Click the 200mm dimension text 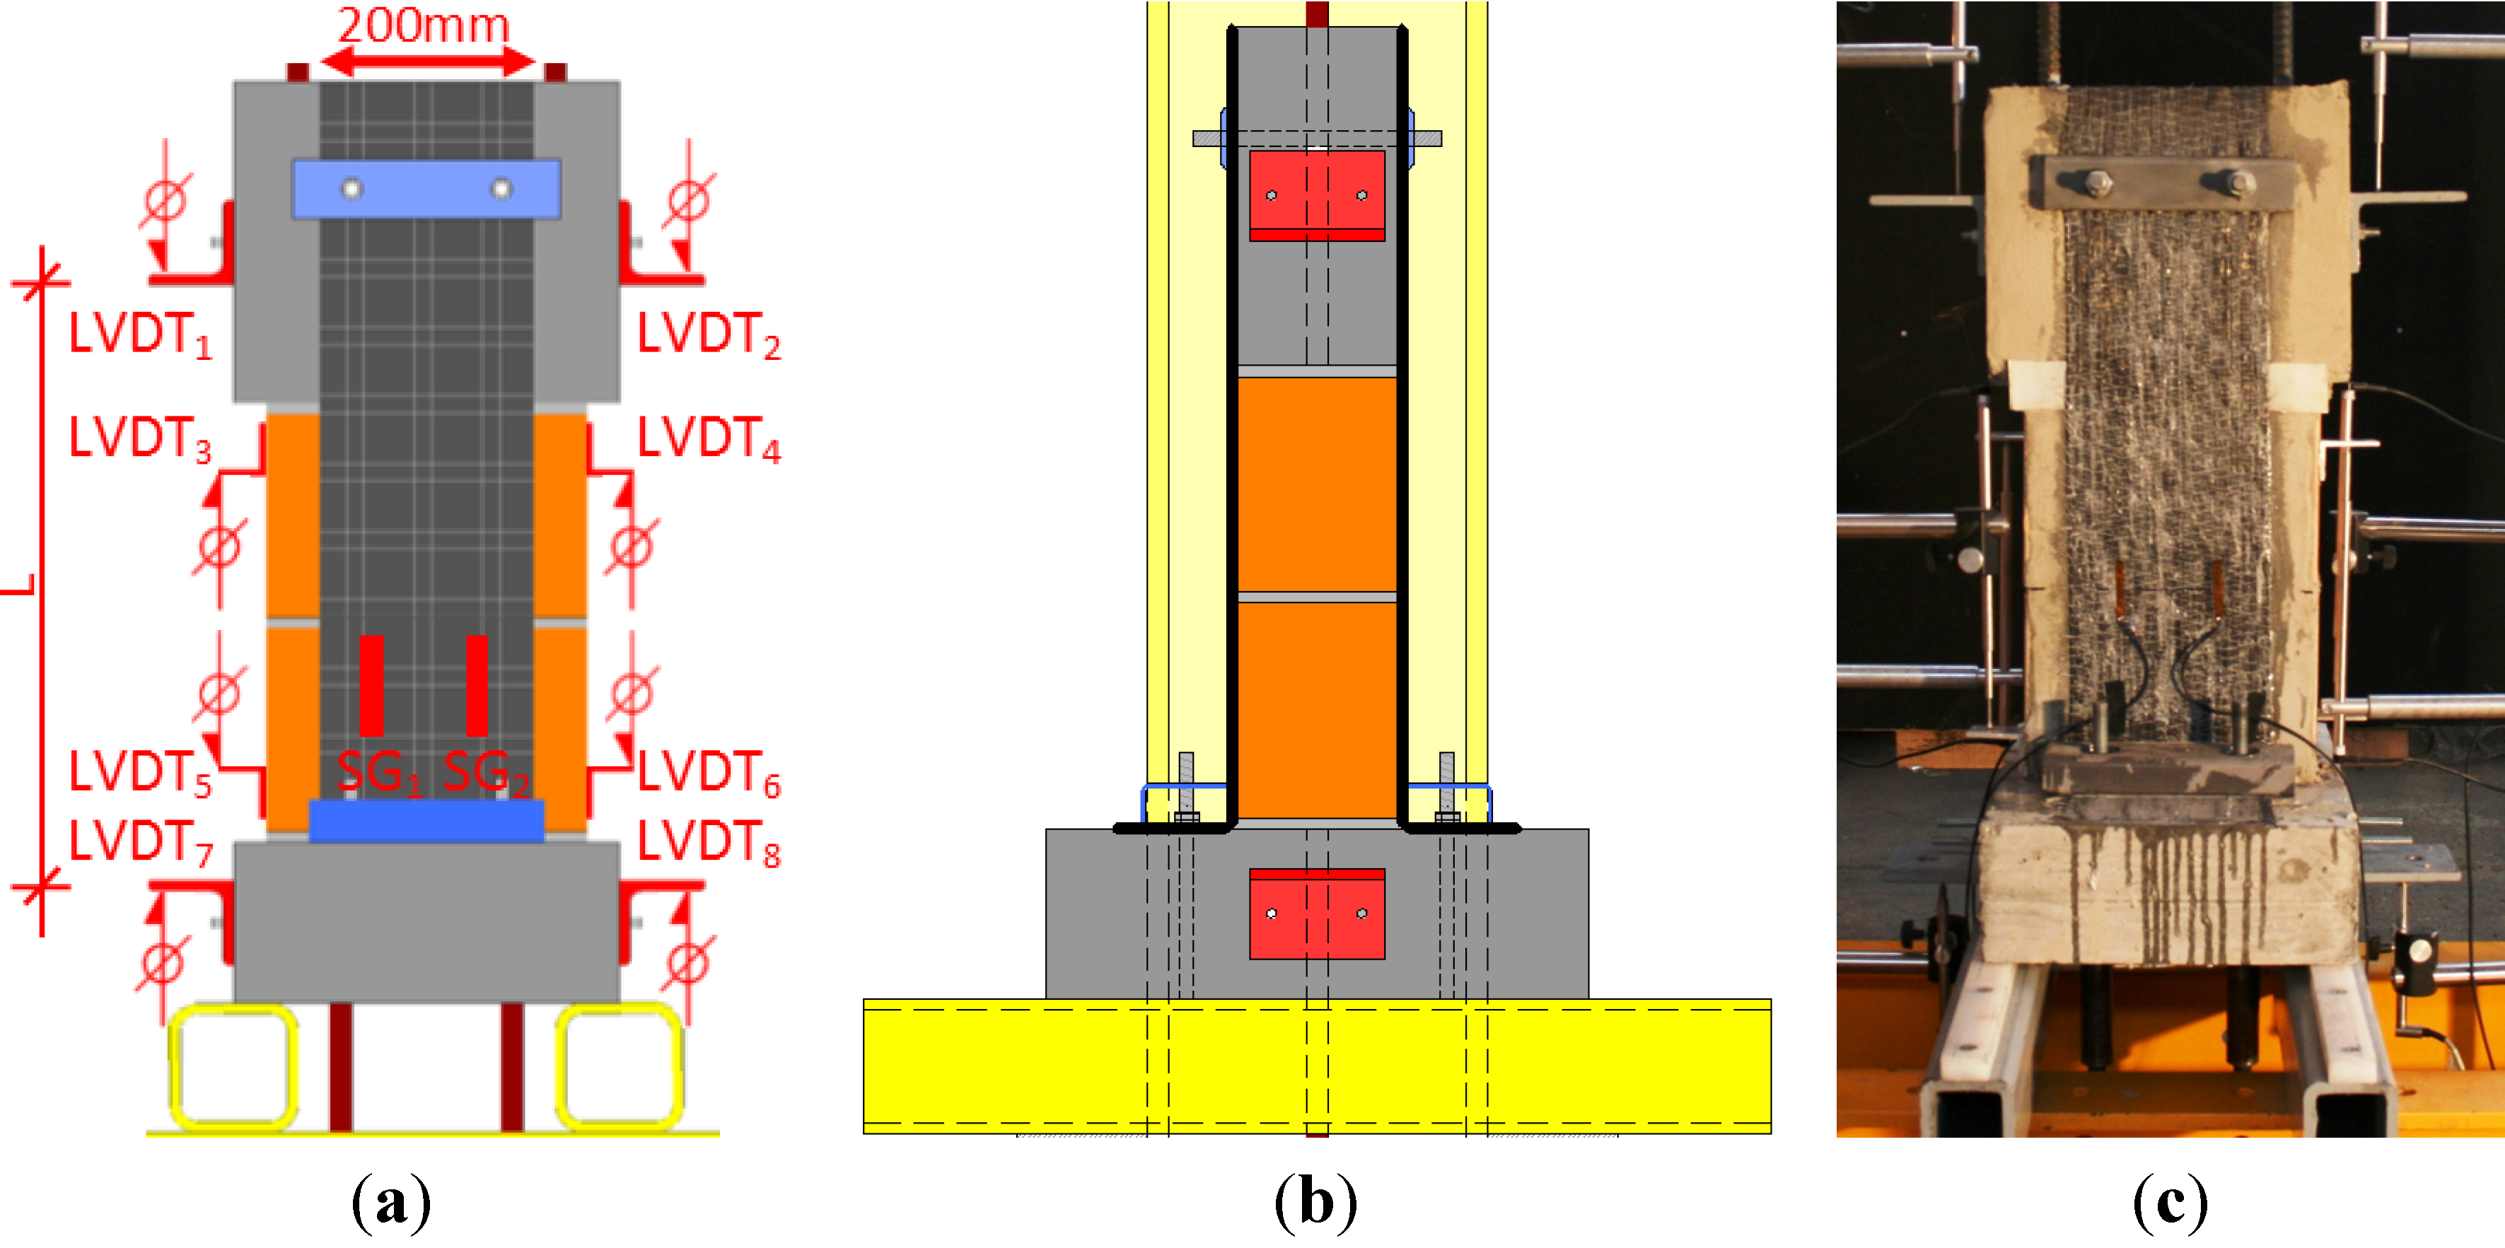tap(423, 25)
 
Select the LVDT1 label tap(140, 335)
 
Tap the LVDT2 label tap(708, 335)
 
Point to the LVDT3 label tap(140, 438)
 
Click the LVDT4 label tap(708, 438)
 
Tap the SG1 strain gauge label tap(379, 774)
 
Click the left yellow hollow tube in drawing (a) tap(233, 1067)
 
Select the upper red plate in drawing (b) tap(1317, 195)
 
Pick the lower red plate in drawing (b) tap(1317, 914)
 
